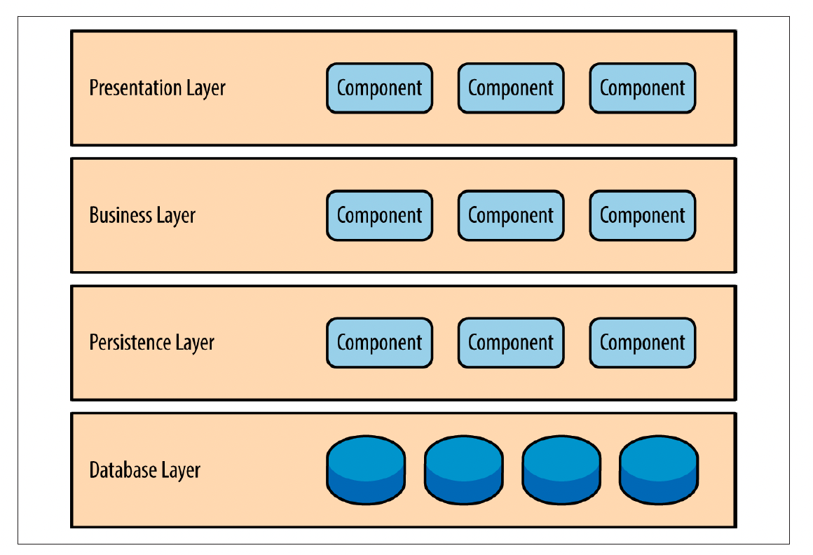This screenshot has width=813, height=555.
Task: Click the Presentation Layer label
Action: coord(158,88)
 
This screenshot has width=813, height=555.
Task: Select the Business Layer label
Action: coord(142,215)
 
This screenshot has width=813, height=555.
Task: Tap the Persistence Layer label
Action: coord(152,343)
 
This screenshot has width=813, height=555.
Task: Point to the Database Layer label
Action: coord(145,470)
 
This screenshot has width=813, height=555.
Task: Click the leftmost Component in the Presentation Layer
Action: coord(379,88)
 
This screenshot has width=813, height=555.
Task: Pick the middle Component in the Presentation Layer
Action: coord(511,88)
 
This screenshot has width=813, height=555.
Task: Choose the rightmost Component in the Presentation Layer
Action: coord(642,88)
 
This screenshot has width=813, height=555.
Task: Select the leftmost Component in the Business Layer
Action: coord(379,216)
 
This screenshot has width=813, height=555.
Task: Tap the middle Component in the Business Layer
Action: coord(511,216)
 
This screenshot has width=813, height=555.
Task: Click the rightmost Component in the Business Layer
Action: coord(642,216)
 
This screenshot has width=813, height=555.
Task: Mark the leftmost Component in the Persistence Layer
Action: coord(379,343)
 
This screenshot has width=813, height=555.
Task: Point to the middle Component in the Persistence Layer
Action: coord(511,343)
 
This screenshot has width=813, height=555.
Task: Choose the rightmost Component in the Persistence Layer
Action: coord(642,343)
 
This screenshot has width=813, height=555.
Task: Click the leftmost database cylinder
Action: coord(366,470)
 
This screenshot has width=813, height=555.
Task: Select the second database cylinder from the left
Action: coord(463,470)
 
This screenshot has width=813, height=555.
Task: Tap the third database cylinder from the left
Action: coord(561,470)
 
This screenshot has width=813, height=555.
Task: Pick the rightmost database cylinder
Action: coord(658,470)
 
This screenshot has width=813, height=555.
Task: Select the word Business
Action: coord(121,215)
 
